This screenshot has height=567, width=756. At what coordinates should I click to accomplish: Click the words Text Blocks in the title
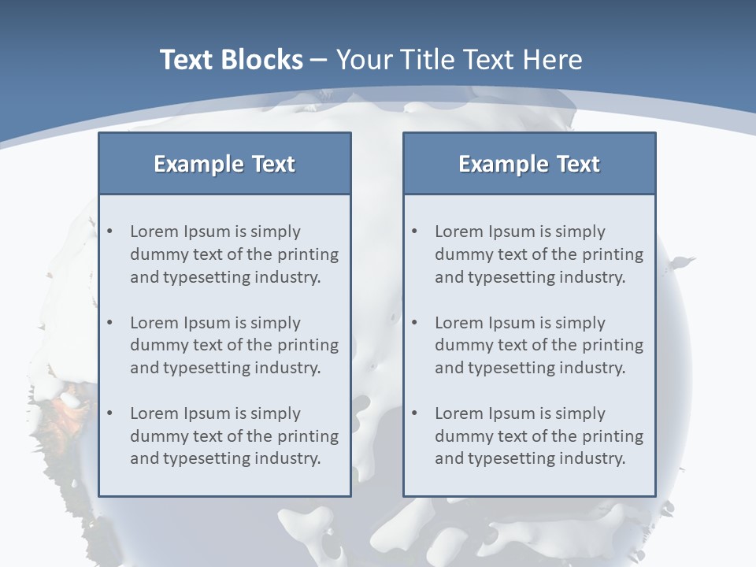point(231,60)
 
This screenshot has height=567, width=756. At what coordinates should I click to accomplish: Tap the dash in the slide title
point(320,61)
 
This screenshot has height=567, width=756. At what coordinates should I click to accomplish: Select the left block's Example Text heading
point(224,164)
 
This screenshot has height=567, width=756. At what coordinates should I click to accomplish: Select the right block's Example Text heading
point(529,164)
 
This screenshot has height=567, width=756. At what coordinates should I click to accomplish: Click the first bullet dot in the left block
point(110,232)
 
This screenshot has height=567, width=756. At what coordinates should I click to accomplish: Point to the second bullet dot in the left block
point(110,323)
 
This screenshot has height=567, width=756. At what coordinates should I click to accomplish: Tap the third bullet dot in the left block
point(110,413)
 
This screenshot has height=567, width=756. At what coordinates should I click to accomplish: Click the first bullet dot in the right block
point(415,232)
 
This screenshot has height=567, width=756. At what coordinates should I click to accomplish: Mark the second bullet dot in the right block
point(415,323)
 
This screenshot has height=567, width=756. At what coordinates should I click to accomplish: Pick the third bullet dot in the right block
point(415,413)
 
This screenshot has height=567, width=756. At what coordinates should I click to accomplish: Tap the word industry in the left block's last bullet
point(290,458)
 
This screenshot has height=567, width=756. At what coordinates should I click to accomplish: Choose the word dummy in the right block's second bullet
point(459,345)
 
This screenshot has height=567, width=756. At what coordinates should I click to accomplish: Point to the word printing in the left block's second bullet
point(308,345)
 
